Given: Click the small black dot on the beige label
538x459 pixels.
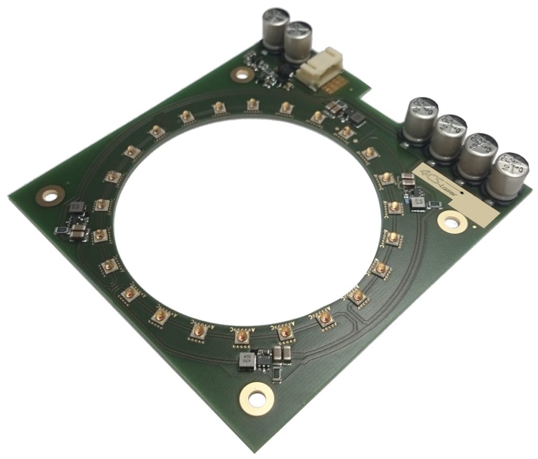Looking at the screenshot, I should (461, 193).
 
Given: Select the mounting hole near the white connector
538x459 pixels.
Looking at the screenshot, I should (242, 74).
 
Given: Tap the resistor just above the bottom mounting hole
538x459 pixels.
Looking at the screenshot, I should (276, 373).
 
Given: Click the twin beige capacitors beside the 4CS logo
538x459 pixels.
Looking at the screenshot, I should (408, 180).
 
